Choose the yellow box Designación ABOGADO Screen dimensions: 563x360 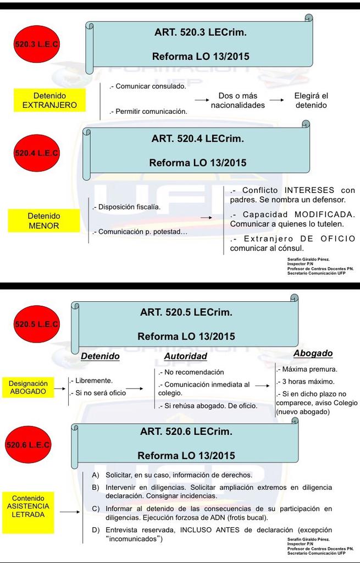[x=29, y=387]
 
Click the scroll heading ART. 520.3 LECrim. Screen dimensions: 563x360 [x=200, y=32]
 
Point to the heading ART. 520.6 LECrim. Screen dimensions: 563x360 [x=186, y=432]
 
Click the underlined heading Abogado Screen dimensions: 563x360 [x=313, y=354]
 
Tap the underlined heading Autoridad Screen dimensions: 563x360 [x=185, y=356]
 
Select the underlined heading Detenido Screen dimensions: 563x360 [x=100, y=356]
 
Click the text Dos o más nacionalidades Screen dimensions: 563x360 [x=237, y=100]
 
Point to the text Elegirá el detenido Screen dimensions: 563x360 [x=311, y=100]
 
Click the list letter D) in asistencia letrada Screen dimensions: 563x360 [x=96, y=529]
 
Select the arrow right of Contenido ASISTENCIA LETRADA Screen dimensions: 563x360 [x=70, y=512]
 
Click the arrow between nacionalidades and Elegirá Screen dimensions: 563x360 [x=277, y=100]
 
